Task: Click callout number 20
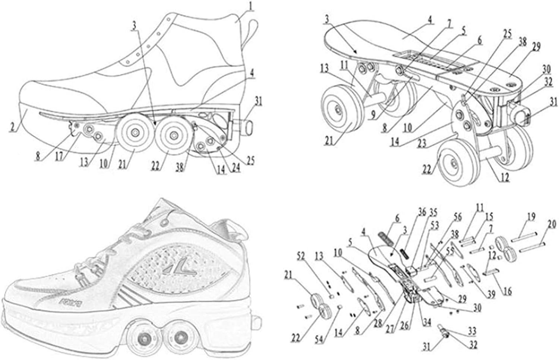552,224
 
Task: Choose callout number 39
491,295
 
